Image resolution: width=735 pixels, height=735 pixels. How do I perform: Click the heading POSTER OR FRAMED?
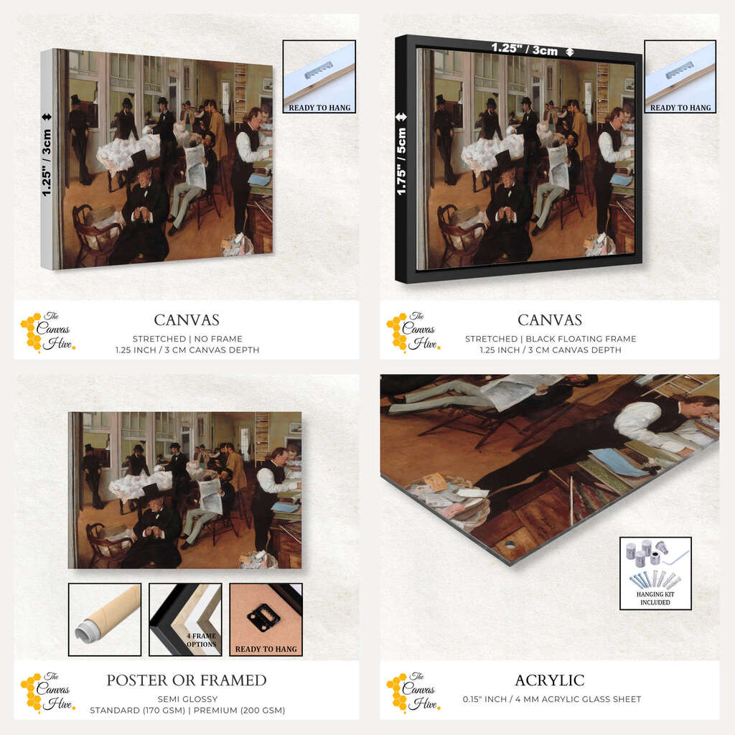[187, 680]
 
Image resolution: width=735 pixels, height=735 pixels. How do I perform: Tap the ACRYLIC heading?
[550, 680]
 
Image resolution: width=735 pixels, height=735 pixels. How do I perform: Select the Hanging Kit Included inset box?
[655, 574]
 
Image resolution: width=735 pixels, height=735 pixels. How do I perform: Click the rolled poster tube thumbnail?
[105, 619]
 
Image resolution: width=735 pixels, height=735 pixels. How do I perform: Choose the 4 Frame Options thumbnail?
[185, 619]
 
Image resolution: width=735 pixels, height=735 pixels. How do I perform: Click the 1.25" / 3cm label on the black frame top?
[525, 49]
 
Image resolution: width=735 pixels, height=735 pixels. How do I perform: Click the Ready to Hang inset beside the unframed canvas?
[319, 76]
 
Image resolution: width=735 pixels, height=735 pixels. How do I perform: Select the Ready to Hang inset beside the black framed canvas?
[680, 76]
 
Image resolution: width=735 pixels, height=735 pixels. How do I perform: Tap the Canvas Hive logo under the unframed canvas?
[48, 332]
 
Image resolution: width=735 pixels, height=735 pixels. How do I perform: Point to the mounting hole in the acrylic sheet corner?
[510, 546]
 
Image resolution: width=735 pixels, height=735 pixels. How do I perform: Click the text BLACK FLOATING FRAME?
[581, 339]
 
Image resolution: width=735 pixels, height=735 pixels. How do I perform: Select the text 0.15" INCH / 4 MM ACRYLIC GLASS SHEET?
[552, 699]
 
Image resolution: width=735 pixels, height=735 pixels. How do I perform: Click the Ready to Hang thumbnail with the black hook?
[266, 619]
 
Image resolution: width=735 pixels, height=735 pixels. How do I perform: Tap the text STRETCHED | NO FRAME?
[187, 339]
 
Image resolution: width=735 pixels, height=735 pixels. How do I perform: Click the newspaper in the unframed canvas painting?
[196, 167]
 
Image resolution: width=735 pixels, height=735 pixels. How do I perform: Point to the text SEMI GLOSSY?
[187, 699]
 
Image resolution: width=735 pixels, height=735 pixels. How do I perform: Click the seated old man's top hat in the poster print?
[151, 492]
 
